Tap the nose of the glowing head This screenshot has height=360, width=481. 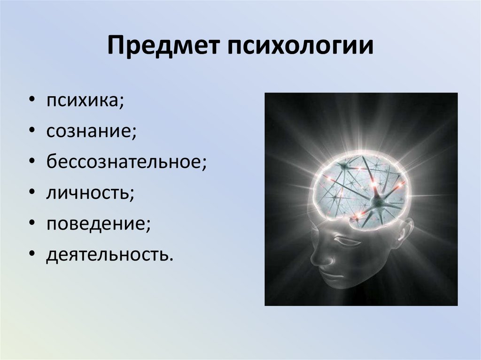tap(316, 258)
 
